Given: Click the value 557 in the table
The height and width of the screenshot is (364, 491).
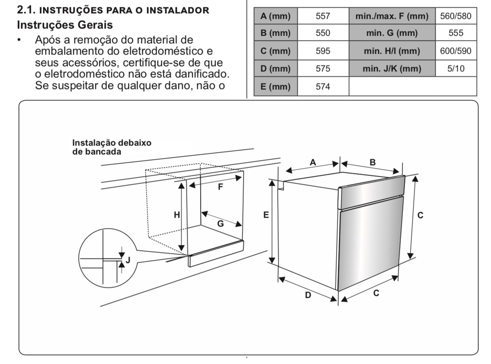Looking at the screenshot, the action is pos(323,16).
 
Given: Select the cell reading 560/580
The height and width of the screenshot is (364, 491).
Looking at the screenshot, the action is pos(455,16).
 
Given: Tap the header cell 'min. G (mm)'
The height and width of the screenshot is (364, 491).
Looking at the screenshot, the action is pos(392,33).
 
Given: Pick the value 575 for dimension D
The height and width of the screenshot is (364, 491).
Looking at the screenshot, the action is pos(323,69).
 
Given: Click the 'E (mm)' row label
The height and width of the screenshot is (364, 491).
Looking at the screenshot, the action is pos(275,86).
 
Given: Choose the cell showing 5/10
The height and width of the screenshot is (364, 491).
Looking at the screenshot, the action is pos(456,69).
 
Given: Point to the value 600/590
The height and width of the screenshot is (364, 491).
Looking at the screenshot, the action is pos(455,51).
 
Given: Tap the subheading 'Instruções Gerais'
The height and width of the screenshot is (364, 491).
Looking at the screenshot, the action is pos(65,24).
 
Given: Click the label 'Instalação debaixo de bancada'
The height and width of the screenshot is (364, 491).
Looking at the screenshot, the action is pos(112,147).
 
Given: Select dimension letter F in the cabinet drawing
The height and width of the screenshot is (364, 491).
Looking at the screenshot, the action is pos(220,187).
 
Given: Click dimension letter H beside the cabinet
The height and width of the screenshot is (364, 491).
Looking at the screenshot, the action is pos(177,214).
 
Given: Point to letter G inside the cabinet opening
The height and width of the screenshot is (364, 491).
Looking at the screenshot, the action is pos(221,223).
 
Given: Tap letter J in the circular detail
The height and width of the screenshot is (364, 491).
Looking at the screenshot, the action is pos(128,260).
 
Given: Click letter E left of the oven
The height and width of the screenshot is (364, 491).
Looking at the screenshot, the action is pos(266,214).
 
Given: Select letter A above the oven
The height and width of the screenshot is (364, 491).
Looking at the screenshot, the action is pos(312,162).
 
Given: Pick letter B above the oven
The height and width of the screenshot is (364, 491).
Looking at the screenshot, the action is pos(373,162).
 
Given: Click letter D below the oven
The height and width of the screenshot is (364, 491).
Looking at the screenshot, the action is pos(308,295).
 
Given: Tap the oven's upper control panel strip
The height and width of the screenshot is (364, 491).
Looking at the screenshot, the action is pos(371,192).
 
